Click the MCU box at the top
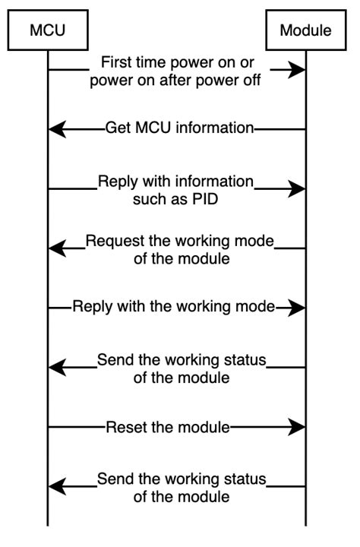(x=47, y=30)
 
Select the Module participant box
(x=305, y=30)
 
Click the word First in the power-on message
(x=117, y=62)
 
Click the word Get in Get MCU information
(x=118, y=128)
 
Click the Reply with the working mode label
(x=174, y=308)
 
